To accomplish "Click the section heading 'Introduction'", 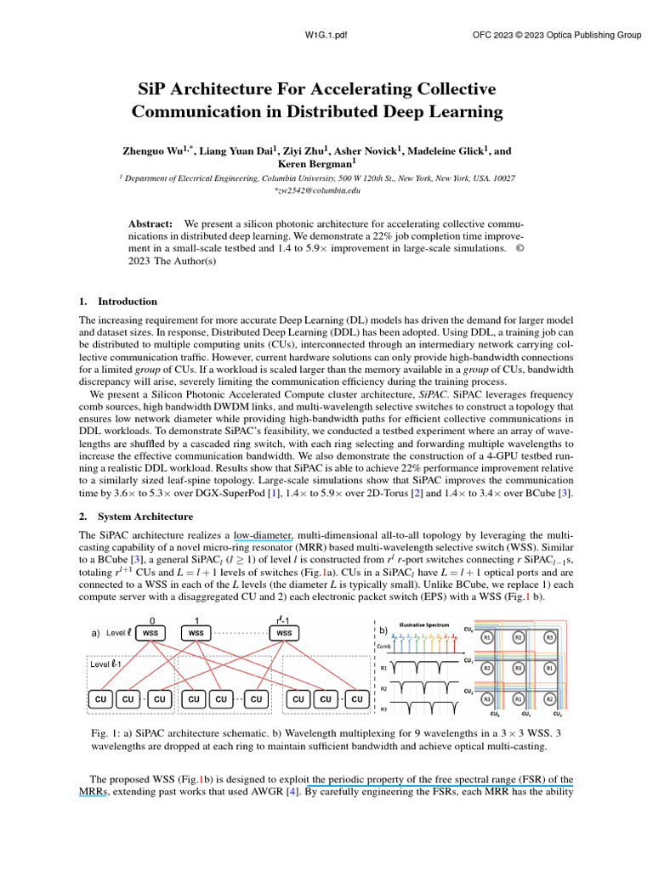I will [128, 301].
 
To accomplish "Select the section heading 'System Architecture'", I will [144, 517].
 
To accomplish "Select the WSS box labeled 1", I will [196, 634].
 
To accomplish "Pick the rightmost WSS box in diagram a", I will [284, 634].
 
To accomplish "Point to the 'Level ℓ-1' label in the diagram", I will [107, 664].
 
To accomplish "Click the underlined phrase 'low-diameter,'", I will [264, 534].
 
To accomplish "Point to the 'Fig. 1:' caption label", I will [105, 732].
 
